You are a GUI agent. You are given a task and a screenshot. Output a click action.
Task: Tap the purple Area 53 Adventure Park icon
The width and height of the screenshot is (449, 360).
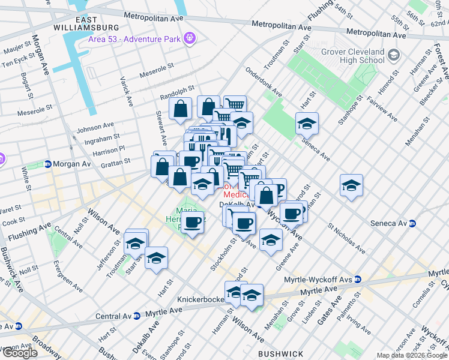pos(190,38)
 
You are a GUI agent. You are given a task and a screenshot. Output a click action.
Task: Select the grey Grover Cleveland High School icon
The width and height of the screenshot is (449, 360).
pos(394,56)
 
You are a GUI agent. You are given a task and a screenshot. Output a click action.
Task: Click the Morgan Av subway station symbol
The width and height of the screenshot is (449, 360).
pos(47,164)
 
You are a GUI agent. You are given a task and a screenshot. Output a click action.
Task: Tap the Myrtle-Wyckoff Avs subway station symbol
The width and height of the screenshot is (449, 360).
pos(357,279)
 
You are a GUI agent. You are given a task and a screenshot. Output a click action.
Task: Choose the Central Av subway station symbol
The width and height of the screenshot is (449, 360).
pos(137,315)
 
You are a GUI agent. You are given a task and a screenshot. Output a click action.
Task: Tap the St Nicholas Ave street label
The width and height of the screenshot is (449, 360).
pos(346,238)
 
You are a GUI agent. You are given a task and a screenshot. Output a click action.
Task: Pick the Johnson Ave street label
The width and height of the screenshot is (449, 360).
pos(95,127)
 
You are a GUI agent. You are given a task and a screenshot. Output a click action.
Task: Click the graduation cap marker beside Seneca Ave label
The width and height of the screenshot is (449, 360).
pos(307,123)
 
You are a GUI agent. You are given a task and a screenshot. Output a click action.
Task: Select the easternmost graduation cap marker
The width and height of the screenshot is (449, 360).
pos(351,185)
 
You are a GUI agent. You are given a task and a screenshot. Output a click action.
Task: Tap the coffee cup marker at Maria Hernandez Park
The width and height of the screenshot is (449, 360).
pos(193,223)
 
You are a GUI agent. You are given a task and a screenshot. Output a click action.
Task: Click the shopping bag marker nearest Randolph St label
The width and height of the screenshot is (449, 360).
pos(180,109)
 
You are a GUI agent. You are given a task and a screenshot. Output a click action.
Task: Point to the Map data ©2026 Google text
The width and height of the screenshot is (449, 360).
pos(412,355)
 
